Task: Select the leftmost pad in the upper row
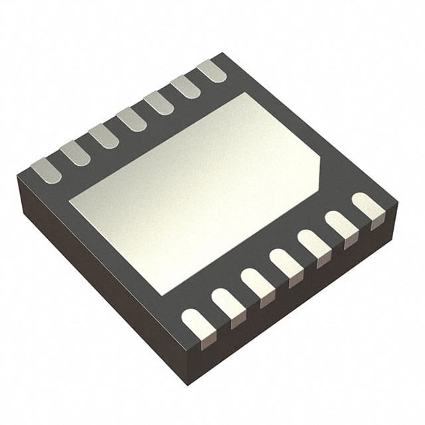coord(46,171)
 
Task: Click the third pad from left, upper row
coord(103,137)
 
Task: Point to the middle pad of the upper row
coord(131,120)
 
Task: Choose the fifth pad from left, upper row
coord(158,103)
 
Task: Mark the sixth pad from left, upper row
coord(185,86)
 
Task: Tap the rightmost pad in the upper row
coord(212,70)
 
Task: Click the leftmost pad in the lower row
coord(198,325)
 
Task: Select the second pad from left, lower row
coord(227,304)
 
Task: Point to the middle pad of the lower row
coord(285,263)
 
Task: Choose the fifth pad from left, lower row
coord(313,243)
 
